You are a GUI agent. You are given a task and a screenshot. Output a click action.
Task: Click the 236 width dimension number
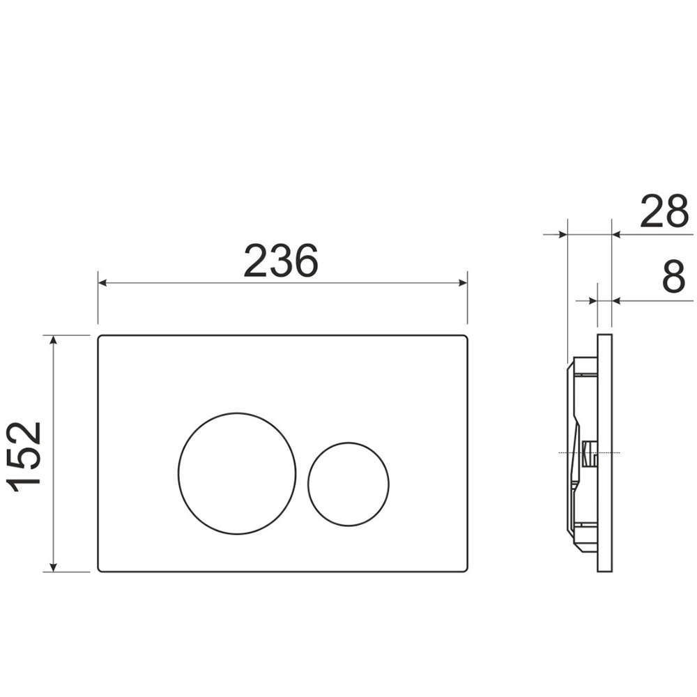click(281, 261)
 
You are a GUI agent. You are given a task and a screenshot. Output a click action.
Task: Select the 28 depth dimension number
click(664, 211)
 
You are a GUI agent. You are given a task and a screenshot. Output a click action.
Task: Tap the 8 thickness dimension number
click(674, 277)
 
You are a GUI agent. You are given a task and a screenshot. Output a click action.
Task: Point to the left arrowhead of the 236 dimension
click(102, 283)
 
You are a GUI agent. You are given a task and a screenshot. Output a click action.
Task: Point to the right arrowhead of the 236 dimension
click(463, 283)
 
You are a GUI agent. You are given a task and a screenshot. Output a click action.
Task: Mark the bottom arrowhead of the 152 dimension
click(54, 567)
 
